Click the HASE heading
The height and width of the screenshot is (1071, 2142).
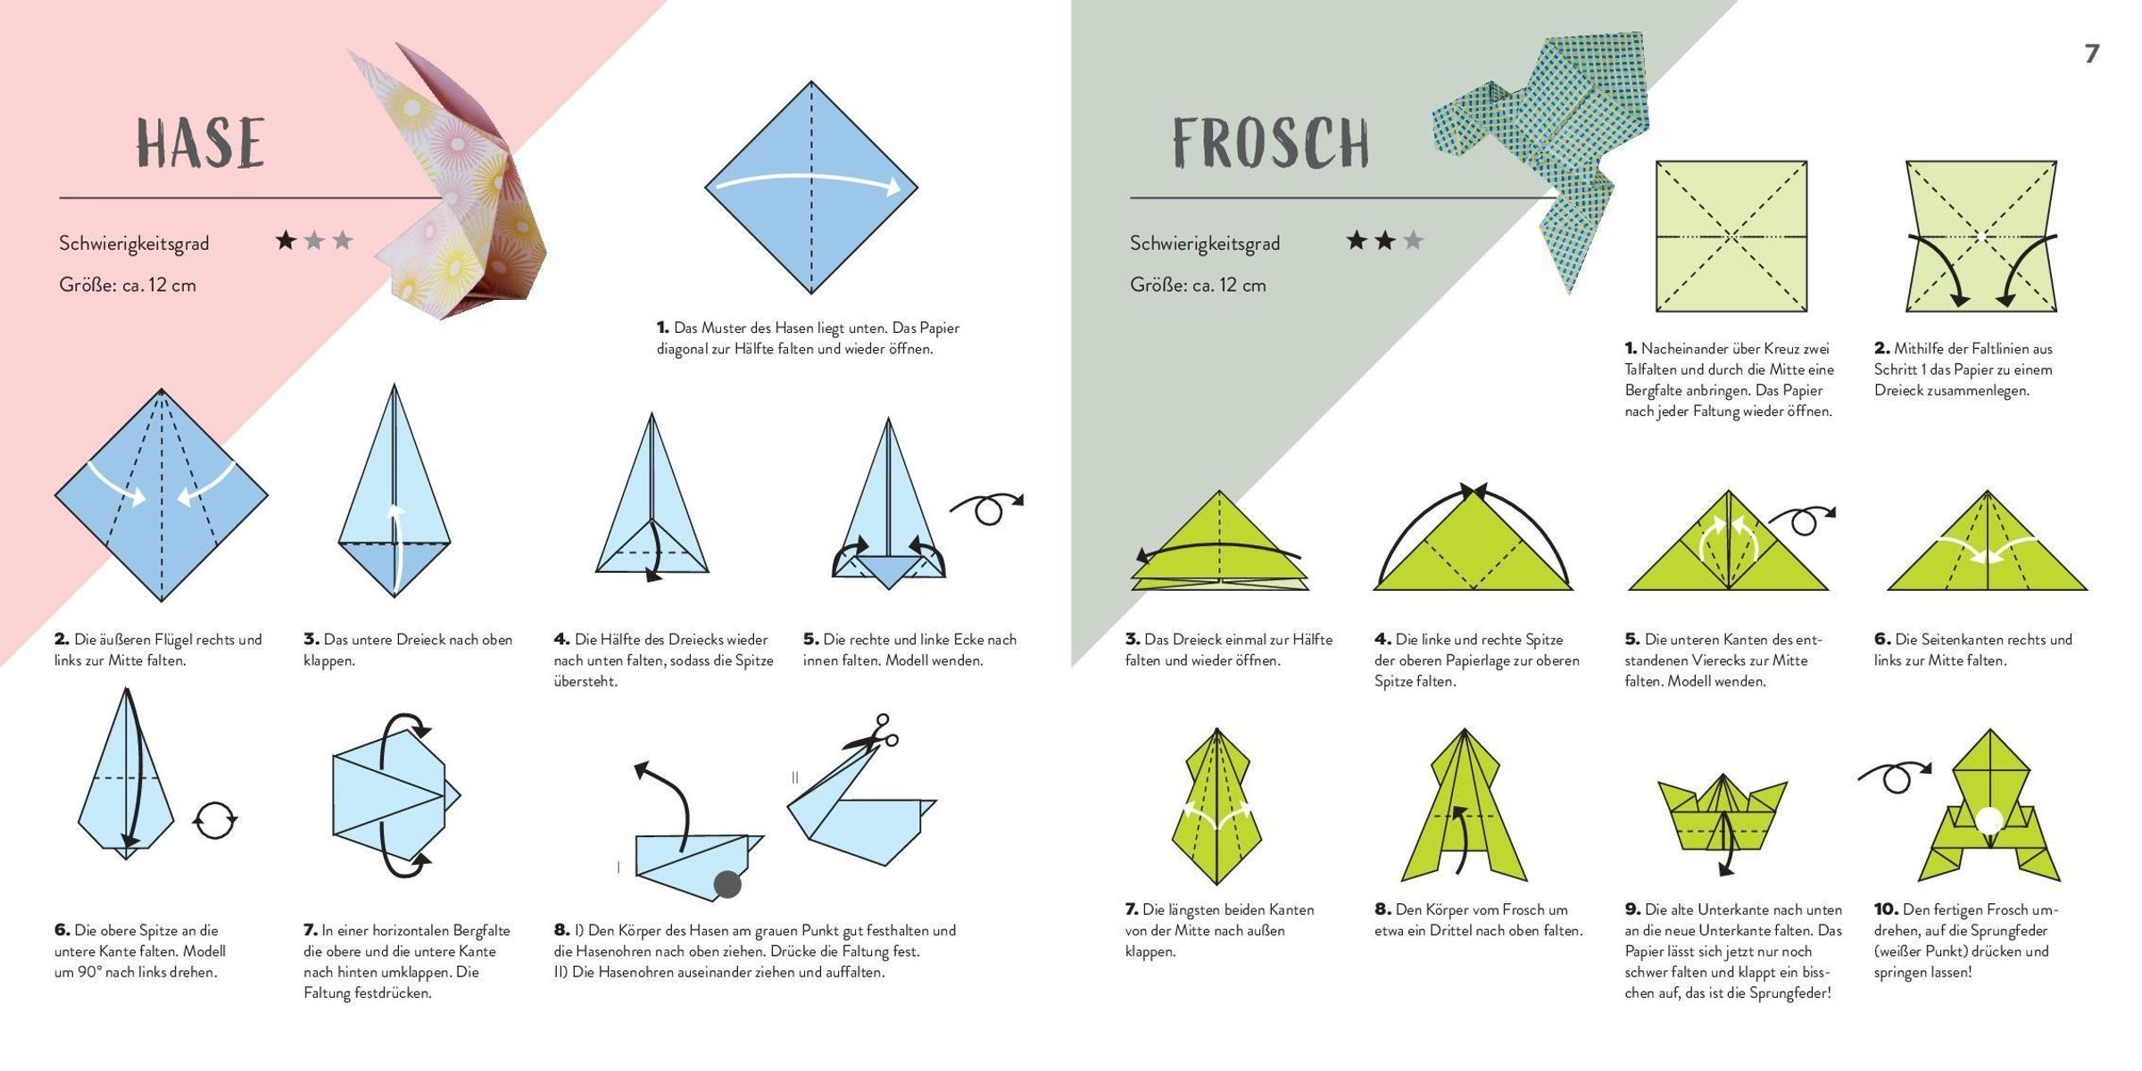(201, 143)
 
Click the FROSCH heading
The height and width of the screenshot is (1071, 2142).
(1271, 143)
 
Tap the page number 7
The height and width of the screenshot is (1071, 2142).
(2092, 54)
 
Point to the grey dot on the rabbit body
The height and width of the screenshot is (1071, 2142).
(727, 884)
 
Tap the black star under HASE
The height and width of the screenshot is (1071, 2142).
(286, 240)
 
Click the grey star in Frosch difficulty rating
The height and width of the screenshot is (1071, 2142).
(1413, 240)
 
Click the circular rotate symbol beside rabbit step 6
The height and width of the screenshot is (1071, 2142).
(215, 819)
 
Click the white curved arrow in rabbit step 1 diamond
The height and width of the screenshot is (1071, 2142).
(810, 178)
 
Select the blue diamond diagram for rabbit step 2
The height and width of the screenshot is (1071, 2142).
(162, 495)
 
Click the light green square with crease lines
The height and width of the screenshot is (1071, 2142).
(1731, 237)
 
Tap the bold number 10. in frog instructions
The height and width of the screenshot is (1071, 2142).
(1886, 909)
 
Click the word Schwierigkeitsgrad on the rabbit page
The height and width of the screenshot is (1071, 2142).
(134, 244)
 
